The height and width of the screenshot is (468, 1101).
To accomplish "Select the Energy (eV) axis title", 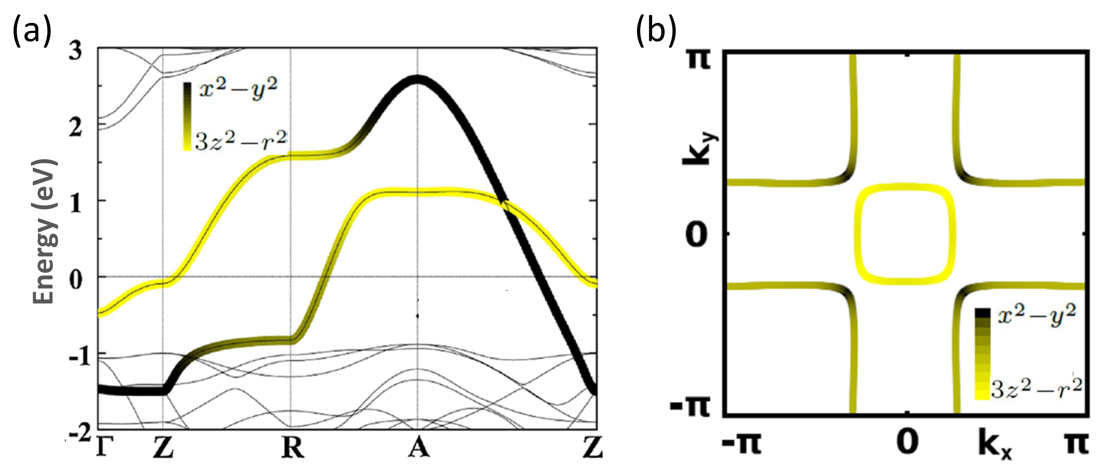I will coord(44,231).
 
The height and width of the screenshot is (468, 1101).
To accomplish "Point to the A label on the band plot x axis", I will coord(418,448).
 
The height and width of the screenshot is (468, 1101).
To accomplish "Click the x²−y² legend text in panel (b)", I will coord(1036,315).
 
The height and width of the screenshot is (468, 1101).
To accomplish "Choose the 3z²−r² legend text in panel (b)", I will coord(1036,388).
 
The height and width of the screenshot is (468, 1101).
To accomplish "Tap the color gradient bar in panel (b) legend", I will coord(983,354).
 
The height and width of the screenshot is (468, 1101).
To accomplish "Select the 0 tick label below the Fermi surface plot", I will coord(906,443).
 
